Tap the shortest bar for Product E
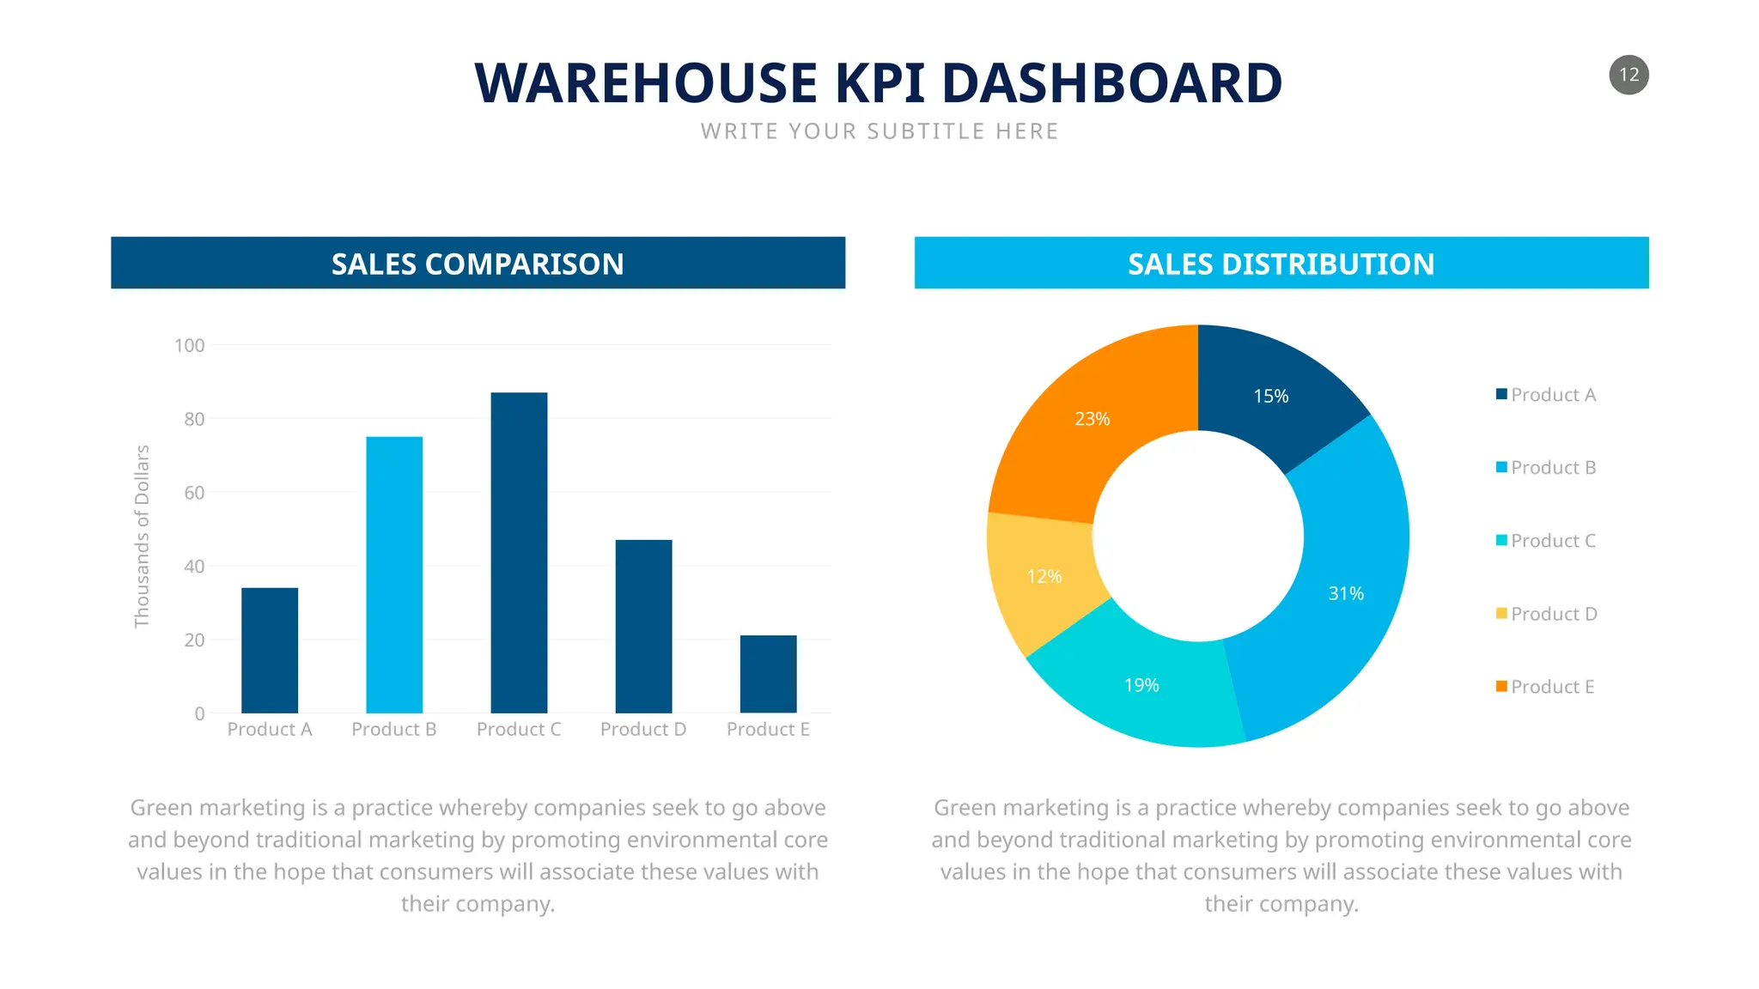coord(768,674)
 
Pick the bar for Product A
coord(270,650)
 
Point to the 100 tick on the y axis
coord(189,346)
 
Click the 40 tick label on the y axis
coord(194,567)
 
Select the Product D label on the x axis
coord(643,730)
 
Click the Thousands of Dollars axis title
coord(142,537)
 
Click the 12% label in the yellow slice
coord(1044,577)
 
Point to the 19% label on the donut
coord(1141,685)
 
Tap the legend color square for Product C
coord(1501,540)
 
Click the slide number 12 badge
coord(1628,75)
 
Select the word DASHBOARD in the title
coord(1111,83)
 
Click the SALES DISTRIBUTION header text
coord(1281,264)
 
